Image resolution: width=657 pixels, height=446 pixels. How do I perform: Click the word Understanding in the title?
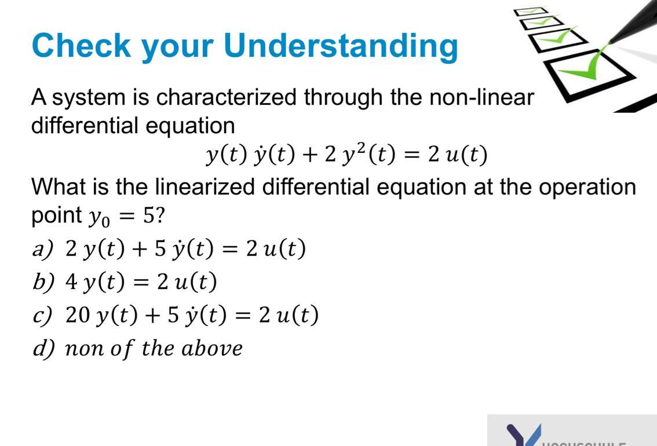[x=341, y=46]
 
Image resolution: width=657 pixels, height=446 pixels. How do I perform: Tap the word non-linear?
[x=481, y=97]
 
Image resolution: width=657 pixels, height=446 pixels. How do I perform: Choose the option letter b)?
[x=43, y=282]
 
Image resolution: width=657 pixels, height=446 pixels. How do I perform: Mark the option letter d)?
[x=43, y=348]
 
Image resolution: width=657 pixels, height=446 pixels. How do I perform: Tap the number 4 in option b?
[x=72, y=282]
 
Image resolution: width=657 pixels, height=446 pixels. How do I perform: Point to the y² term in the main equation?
[x=351, y=154]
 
